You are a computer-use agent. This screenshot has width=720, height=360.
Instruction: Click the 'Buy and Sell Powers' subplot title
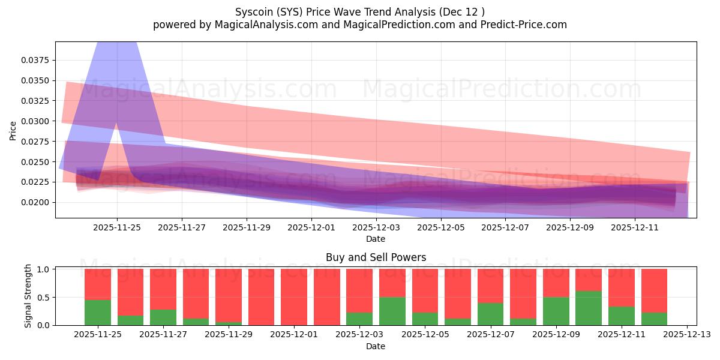(376, 257)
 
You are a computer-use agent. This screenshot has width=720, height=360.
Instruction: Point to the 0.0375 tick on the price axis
(37, 61)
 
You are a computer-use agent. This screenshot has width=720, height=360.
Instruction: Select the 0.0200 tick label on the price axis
(37, 202)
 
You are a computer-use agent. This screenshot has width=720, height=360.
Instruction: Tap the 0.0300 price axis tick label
(37, 121)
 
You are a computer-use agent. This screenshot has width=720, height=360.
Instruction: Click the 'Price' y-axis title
(13, 130)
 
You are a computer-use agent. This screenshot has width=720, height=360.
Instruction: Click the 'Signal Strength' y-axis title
(28, 296)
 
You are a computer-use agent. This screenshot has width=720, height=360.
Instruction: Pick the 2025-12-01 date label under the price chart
(311, 227)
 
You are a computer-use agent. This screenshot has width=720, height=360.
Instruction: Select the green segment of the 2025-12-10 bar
(588, 308)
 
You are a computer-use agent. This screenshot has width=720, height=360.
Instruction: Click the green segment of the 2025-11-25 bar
(98, 313)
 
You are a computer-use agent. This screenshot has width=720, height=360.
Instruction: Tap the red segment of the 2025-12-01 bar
(294, 297)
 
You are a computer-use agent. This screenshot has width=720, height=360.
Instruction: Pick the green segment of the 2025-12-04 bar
(392, 311)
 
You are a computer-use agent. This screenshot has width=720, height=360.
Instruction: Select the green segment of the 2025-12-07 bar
(490, 314)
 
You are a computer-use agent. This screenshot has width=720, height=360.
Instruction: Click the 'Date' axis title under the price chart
(376, 239)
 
